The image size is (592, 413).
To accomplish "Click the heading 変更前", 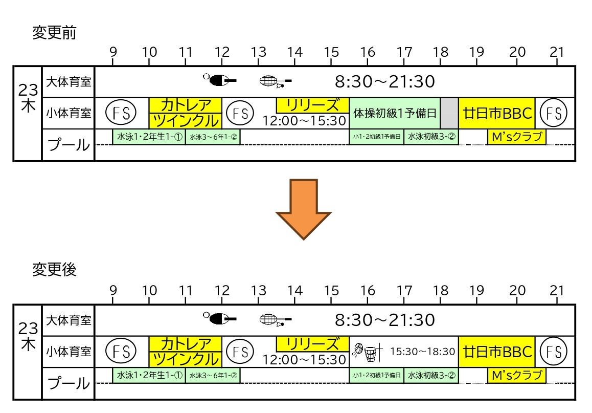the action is pyautogui.click(x=54, y=32).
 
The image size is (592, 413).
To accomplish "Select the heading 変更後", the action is pyautogui.click(x=54, y=270).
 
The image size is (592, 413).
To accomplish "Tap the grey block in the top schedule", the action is pyautogui.click(x=449, y=113).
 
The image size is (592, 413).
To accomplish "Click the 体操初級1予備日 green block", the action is pyautogui.click(x=395, y=113).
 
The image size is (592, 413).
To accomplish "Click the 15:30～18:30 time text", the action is pyautogui.click(x=422, y=352).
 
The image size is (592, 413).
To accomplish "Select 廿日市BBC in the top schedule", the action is pyautogui.click(x=496, y=113).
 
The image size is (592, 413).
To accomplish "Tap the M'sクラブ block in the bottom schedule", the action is pyautogui.click(x=517, y=375).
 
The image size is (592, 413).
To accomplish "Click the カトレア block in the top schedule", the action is pyautogui.click(x=186, y=105).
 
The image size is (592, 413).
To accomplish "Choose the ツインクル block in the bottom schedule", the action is pyautogui.click(x=186, y=359).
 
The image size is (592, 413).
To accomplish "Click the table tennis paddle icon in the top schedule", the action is pyautogui.click(x=220, y=80).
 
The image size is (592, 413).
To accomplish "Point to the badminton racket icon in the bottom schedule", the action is pyautogui.click(x=276, y=320).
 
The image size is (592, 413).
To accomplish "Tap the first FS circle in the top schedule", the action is pyautogui.click(x=121, y=113).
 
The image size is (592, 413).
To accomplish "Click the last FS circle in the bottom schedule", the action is pyautogui.click(x=554, y=352).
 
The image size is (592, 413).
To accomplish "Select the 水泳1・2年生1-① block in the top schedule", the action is pyautogui.click(x=149, y=137).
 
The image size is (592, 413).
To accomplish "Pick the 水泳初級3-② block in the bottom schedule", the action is pyautogui.click(x=431, y=375).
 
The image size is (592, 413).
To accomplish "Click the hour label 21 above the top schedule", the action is pyautogui.click(x=557, y=52).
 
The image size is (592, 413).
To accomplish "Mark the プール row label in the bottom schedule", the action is pyautogui.click(x=69, y=383).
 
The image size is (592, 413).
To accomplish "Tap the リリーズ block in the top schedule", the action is pyautogui.click(x=312, y=105).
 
